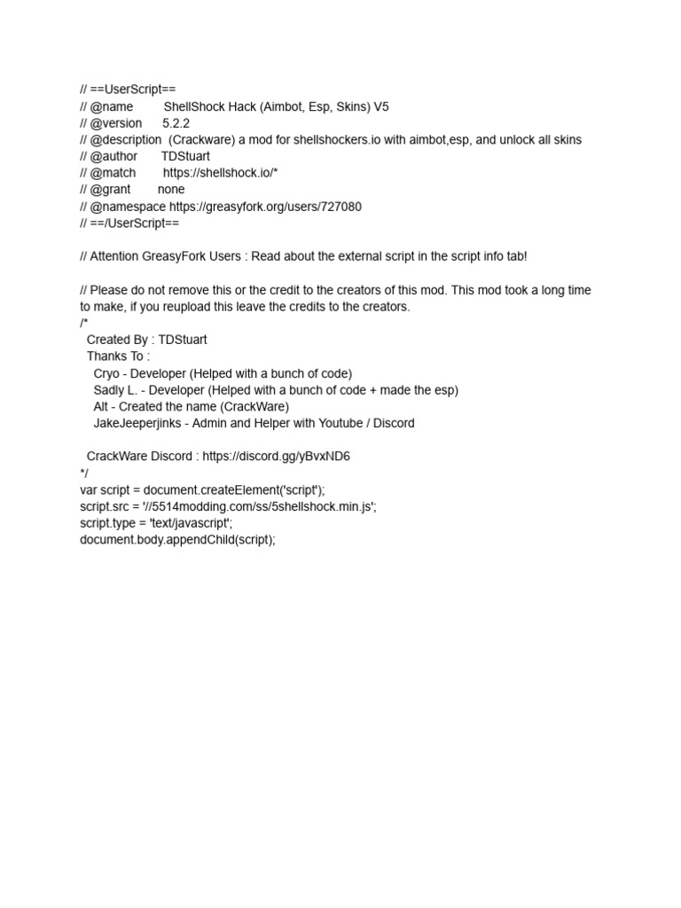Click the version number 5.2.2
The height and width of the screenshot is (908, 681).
tap(176, 123)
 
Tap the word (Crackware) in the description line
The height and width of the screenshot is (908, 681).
tap(200, 140)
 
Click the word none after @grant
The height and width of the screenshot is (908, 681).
tap(171, 190)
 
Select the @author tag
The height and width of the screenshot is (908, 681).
tap(113, 157)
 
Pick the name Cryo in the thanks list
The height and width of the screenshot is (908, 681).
tap(106, 373)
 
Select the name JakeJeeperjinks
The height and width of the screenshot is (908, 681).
tap(134, 424)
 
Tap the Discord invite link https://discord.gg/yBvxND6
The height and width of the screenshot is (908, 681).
tap(276, 457)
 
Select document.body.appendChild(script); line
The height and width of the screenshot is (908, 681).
tap(177, 540)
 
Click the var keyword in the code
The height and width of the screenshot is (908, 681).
tap(89, 489)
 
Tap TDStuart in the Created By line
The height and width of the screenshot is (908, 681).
tap(183, 340)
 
